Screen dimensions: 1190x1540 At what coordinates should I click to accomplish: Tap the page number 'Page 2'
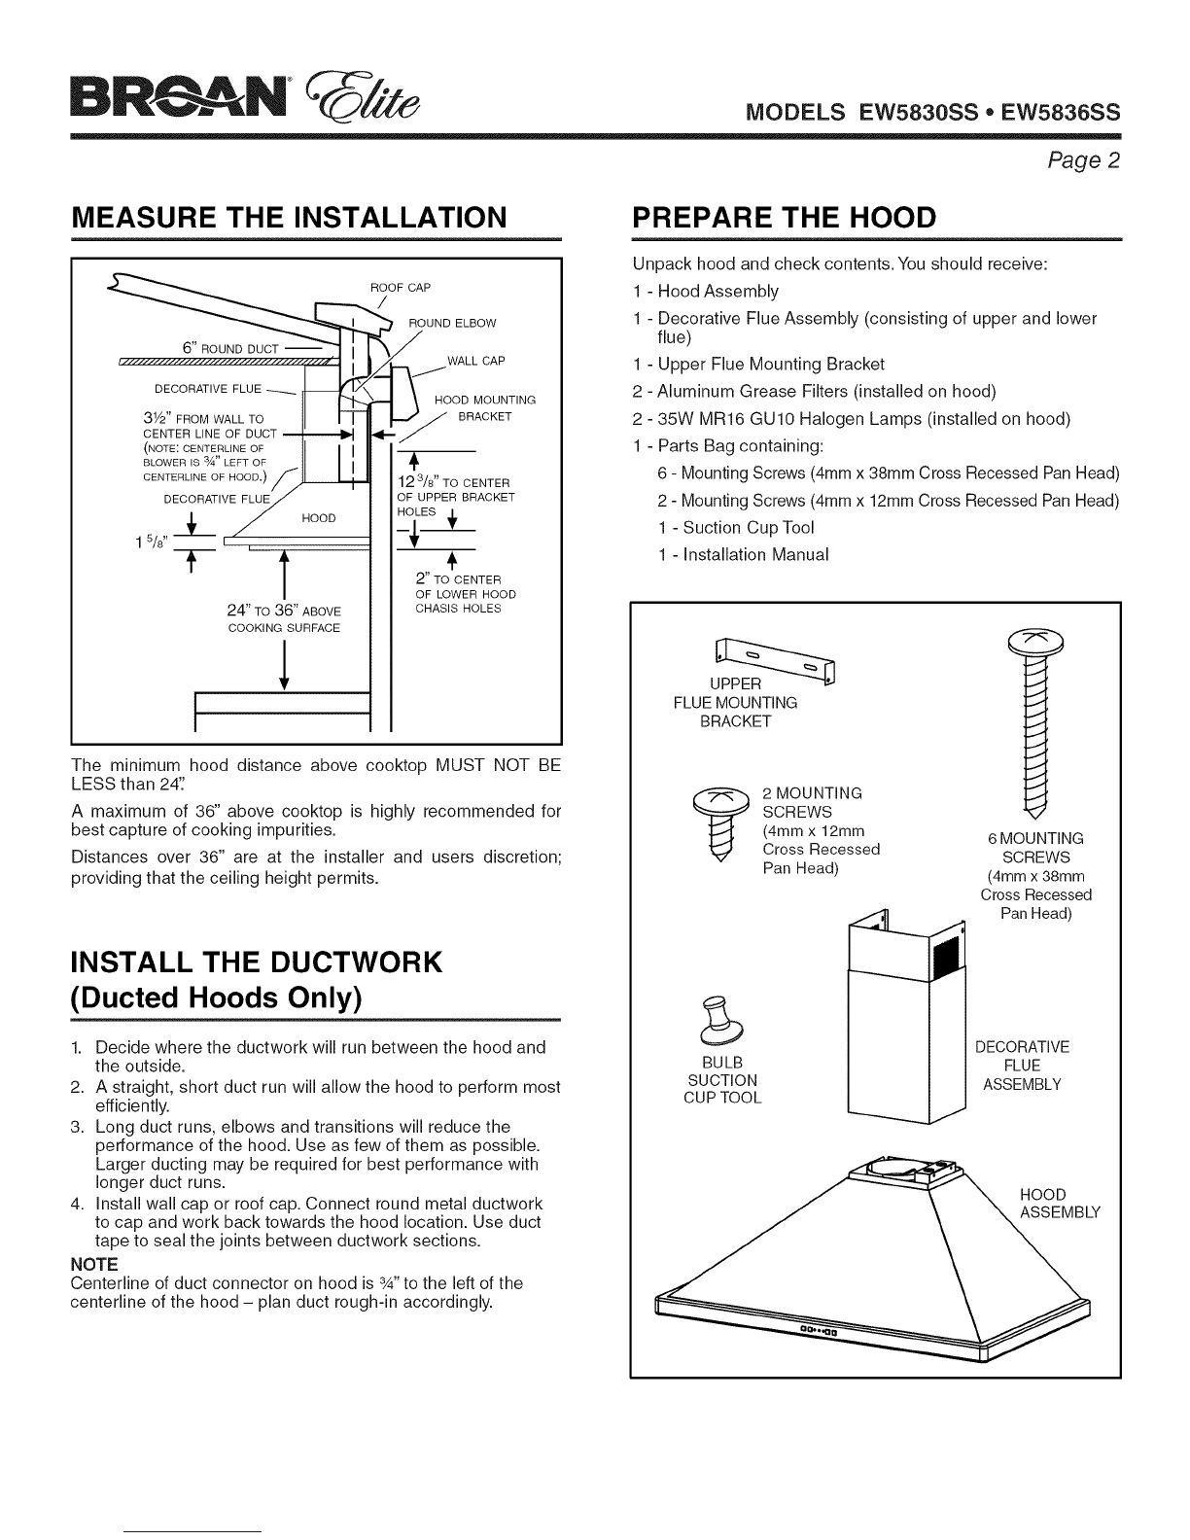click(x=1084, y=160)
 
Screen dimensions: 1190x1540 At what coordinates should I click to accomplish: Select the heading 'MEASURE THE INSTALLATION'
click(x=289, y=217)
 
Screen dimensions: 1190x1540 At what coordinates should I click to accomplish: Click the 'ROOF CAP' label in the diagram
click(x=401, y=287)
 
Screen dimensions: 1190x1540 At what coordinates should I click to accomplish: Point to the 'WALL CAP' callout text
click(x=475, y=361)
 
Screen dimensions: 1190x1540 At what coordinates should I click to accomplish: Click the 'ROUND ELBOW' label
click(x=452, y=323)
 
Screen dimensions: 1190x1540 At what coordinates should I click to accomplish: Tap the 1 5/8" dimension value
click(x=151, y=542)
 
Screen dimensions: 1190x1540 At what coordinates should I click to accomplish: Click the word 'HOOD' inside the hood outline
click(x=319, y=518)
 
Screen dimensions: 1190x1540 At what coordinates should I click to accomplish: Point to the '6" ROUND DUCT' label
click(x=230, y=348)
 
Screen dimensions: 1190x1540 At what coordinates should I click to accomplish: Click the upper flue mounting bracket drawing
click(x=775, y=660)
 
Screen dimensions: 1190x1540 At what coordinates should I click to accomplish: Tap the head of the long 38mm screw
click(x=1035, y=642)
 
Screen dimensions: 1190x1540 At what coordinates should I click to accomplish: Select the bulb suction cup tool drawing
click(x=720, y=1021)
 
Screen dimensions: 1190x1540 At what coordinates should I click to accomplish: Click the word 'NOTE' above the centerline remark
click(x=94, y=1264)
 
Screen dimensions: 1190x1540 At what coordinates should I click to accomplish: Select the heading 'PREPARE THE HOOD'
click(x=784, y=217)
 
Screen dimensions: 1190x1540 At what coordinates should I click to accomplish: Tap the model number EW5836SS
click(x=1061, y=112)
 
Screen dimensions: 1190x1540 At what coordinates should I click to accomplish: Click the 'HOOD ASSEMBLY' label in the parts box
click(x=1060, y=1204)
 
